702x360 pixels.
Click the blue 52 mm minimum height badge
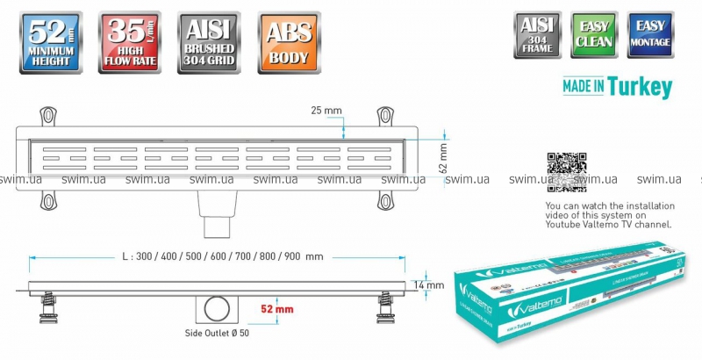tap(50, 41)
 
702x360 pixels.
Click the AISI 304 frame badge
tap(537, 35)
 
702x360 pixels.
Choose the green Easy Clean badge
tap(594, 35)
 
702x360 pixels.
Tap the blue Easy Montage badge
tap(650, 35)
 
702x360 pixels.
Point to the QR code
tap(566, 172)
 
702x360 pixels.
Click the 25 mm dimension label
tap(326, 111)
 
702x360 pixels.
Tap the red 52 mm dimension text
tap(276, 309)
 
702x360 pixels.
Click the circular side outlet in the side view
tap(217, 309)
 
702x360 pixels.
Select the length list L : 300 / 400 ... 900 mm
tap(223, 256)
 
